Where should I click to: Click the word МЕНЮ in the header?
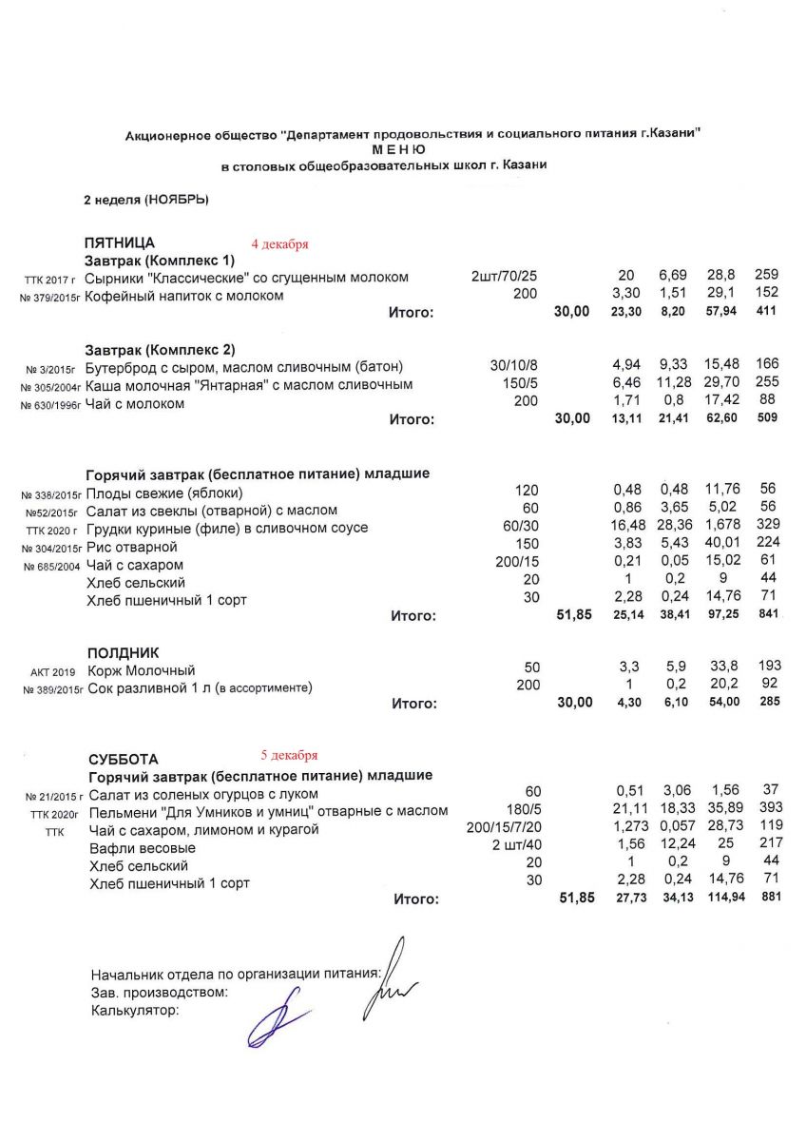click(x=399, y=150)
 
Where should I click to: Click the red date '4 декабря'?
click(x=279, y=244)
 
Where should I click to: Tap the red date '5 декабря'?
click(x=290, y=756)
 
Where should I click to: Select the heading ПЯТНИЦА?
click(x=120, y=243)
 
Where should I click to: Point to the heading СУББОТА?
click(x=124, y=759)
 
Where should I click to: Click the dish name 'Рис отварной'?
click(x=132, y=547)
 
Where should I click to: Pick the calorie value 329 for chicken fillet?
click(x=767, y=528)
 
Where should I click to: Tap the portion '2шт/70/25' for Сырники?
click(x=505, y=278)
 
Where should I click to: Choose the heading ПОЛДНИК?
click(x=124, y=653)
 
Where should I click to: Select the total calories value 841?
click(x=767, y=614)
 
